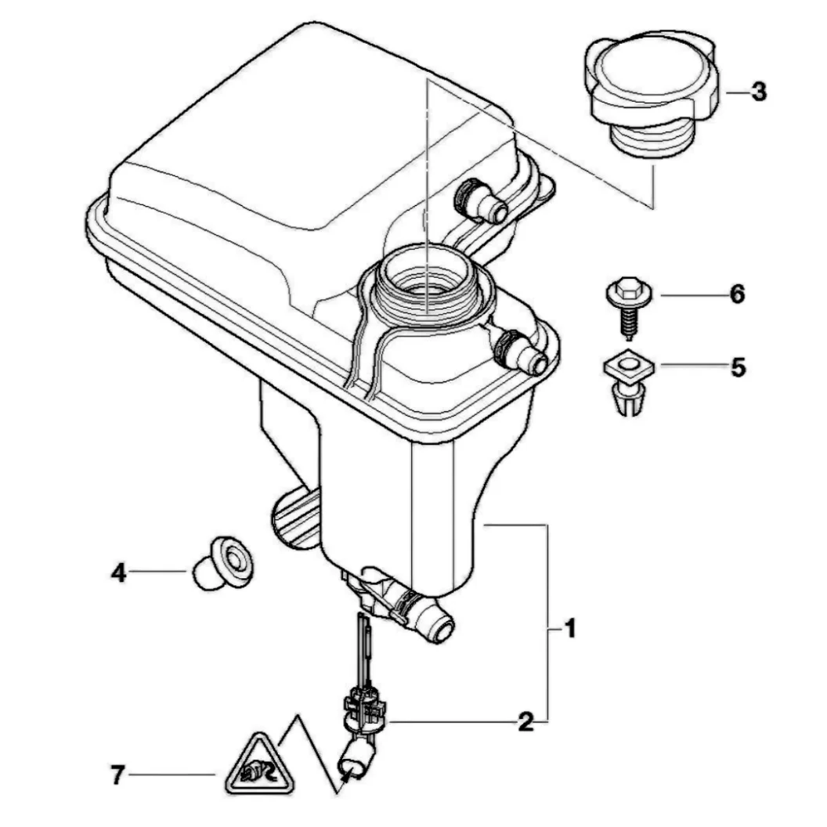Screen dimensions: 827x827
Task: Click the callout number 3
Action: tap(758, 92)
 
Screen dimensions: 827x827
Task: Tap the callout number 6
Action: tap(737, 294)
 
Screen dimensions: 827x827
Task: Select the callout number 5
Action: tap(738, 367)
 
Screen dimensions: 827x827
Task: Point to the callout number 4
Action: tap(119, 572)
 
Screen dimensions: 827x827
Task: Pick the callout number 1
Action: tap(569, 629)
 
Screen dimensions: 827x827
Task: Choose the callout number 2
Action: tap(525, 721)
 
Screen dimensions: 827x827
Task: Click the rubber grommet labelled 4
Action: tap(222, 563)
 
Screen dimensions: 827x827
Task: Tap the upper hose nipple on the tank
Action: tap(480, 200)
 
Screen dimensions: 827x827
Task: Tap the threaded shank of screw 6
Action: tap(628, 323)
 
